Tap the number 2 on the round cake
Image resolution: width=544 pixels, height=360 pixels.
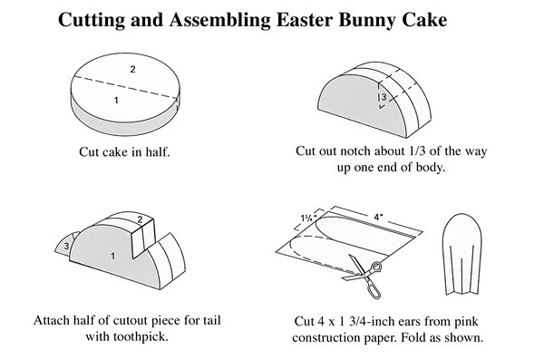(x=132, y=70)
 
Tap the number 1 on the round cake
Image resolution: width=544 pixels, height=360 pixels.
(x=116, y=101)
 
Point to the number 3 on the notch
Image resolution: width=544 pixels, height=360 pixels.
(x=384, y=97)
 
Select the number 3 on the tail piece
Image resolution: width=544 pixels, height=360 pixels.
(x=66, y=246)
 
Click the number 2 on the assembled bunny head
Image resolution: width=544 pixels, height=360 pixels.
(x=140, y=219)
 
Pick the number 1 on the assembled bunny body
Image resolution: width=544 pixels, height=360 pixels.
(x=112, y=256)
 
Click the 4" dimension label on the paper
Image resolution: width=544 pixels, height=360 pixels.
(x=378, y=218)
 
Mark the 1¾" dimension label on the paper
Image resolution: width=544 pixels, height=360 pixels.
(x=309, y=219)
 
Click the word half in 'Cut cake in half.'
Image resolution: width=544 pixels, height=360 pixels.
(x=157, y=152)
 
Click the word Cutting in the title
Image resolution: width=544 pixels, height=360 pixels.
(x=92, y=20)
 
